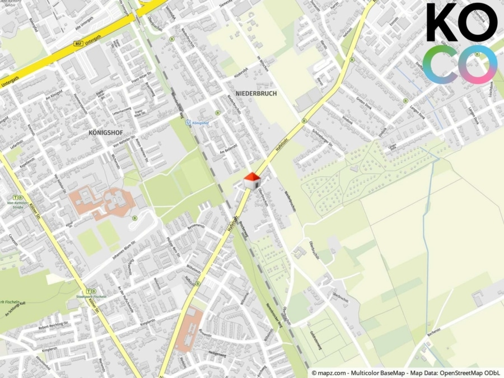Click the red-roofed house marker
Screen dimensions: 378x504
click(x=253, y=180)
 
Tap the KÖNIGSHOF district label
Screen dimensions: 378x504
click(x=105, y=133)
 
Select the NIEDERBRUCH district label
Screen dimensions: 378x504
click(x=256, y=94)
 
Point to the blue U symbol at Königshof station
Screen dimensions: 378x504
click(x=189, y=122)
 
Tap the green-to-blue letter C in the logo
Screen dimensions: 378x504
click(x=440, y=65)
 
